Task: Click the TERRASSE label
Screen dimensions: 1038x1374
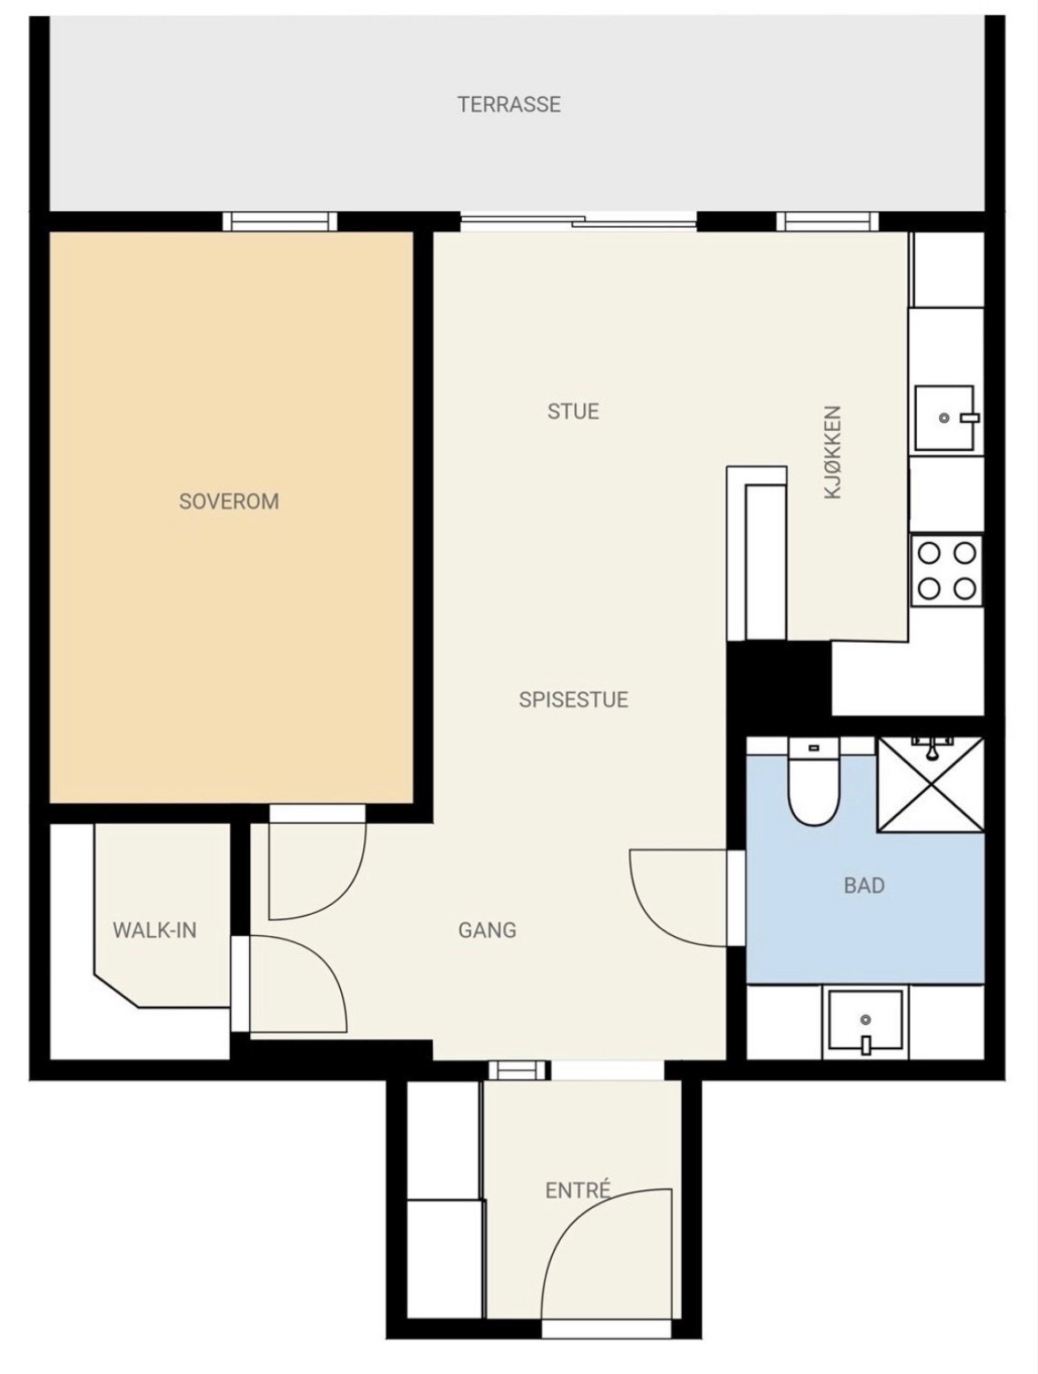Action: (508, 104)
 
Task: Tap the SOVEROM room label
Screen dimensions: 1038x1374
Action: (229, 502)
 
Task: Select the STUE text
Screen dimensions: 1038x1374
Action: (572, 411)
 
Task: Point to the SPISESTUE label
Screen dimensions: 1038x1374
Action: (572, 699)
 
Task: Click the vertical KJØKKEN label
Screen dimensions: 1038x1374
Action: (832, 452)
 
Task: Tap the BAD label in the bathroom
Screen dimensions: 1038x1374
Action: (864, 885)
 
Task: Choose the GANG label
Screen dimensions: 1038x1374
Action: (487, 930)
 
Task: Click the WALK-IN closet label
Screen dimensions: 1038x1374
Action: (155, 930)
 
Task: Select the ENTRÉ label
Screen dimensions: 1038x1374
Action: (577, 1189)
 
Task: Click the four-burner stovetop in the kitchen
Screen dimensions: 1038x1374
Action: (946, 570)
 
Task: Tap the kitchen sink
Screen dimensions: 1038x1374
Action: (946, 418)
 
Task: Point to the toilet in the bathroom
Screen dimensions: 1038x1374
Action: (814, 782)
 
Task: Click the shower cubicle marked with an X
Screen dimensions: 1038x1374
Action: (930, 785)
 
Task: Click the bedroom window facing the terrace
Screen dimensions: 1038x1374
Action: (280, 222)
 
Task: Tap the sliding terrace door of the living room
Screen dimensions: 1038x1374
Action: (579, 222)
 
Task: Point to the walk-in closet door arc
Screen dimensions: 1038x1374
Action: (322, 960)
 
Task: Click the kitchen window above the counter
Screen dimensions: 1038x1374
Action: (827, 222)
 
